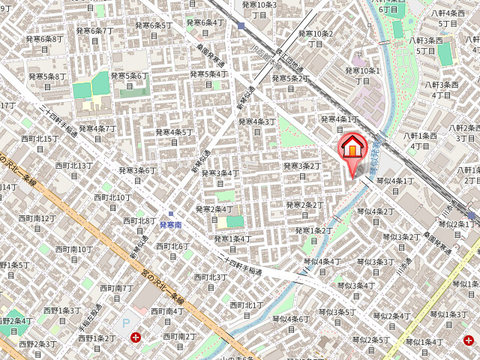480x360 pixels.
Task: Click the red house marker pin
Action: click(351, 148)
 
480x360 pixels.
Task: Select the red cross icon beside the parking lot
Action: click(136, 338)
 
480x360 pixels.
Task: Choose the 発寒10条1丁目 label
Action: click(362, 75)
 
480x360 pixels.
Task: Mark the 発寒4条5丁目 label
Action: click(174, 137)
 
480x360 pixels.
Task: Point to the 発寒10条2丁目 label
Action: click(315, 38)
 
